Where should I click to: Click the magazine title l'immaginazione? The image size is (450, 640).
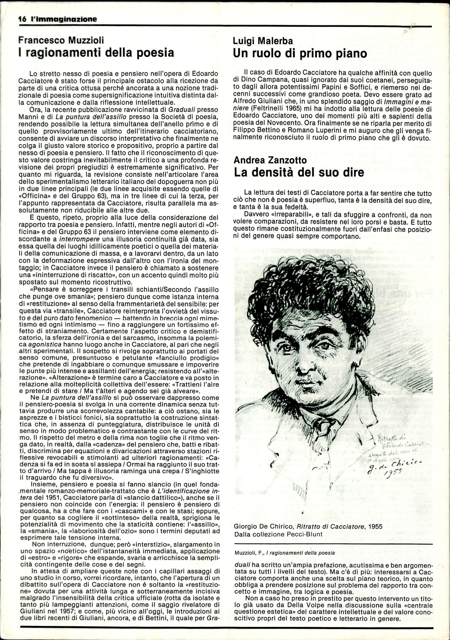point(64,19)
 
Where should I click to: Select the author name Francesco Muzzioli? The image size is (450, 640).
point(61,40)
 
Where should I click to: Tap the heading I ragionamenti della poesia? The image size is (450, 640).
point(96,52)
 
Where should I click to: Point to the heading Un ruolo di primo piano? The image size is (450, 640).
point(300,53)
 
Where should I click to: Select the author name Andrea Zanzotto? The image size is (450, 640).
point(270,160)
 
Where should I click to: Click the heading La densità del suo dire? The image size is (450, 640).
point(299,172)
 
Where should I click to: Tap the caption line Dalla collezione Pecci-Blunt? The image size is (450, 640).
point(278,534)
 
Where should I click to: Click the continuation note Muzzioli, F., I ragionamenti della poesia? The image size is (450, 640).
point(284,553)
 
